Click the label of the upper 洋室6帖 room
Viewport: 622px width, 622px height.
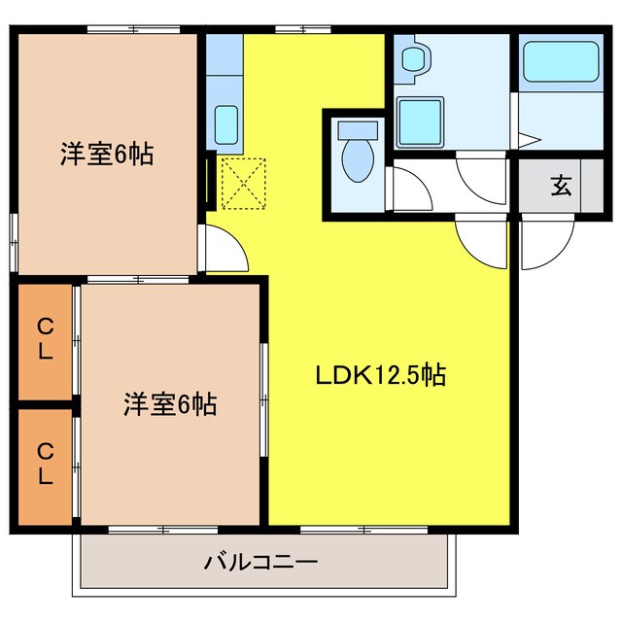(x=107, y=154)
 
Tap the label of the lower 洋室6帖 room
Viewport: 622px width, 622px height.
(x=169, y=402)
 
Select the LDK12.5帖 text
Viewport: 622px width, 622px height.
(x=379, y=374)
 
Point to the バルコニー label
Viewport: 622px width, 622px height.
(x=260, y=562)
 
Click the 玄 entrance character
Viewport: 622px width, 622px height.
(x=561, y=185)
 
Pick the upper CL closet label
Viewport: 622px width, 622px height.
(x=45, y=339)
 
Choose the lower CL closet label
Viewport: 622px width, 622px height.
(x=45, y=464)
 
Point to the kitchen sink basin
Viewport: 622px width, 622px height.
(x=225, y=123)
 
